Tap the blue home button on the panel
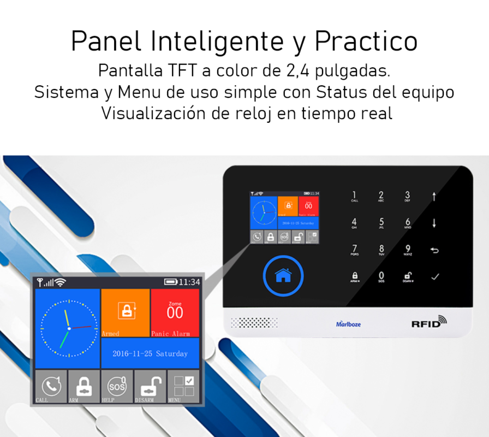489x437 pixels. point(283,276)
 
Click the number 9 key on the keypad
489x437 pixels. point(408,250)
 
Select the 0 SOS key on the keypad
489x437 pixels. point(381,277)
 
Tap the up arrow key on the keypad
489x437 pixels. point(434,196)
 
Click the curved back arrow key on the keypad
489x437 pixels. point(434,250)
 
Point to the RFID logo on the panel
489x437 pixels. point(429,323)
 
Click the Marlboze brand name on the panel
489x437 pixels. point(348,324)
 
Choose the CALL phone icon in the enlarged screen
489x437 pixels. point(51,386)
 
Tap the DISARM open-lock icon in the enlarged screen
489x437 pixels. point(150,386)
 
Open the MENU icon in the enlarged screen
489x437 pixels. point(183,386)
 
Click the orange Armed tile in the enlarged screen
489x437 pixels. point(126,312)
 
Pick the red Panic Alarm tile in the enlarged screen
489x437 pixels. point(175,312)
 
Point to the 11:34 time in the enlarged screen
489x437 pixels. point(189,282)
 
